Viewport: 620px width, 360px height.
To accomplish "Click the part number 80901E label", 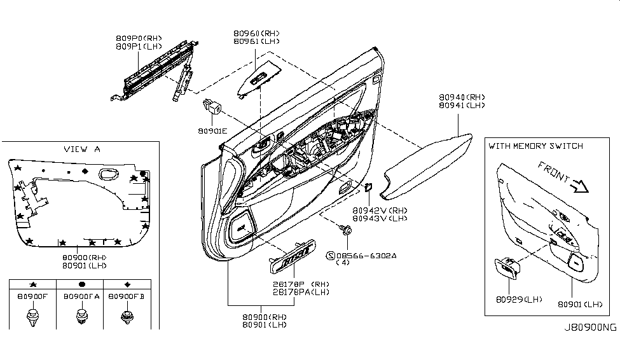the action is pyautogui.click(x=213, y=131).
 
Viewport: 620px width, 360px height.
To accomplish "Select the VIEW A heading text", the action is pyautogui.click(x=82, y=149).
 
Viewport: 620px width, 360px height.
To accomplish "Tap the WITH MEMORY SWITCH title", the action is pyautogui.click(x=536, y=146).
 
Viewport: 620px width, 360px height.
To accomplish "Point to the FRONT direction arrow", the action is pyautogui.click(x=581, y=186).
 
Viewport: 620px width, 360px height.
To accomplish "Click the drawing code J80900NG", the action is pyautogui.click(x=590, y=328).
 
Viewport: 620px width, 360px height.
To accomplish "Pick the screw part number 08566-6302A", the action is pyautogui.click(x=366, y=256).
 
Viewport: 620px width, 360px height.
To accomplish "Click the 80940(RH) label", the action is pyautogui.click(x=462, y=97).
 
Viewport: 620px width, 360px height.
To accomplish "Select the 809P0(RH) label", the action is pyautogui.click(x=139, y=38).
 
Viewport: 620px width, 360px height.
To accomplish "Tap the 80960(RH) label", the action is pyautogui.click(x=256, y=34).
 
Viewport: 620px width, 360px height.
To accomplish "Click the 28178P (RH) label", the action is pyautogui.click(x=301, y=284).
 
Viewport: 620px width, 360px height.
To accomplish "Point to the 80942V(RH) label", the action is pyautogui.click(x=380, y=211).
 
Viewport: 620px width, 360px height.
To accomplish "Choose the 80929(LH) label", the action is pyautogui.click(x=519, y=300).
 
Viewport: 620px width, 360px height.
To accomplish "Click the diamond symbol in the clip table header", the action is pyautogui.click(x=127, y=284).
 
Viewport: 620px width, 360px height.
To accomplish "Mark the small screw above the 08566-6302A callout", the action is pyautogui.click(x=345, y=230).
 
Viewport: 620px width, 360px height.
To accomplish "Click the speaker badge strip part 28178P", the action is pyautogui.click(x=293, y=256).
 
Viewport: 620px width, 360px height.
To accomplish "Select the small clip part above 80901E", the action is pyautogui.click(x=212, y=106).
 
